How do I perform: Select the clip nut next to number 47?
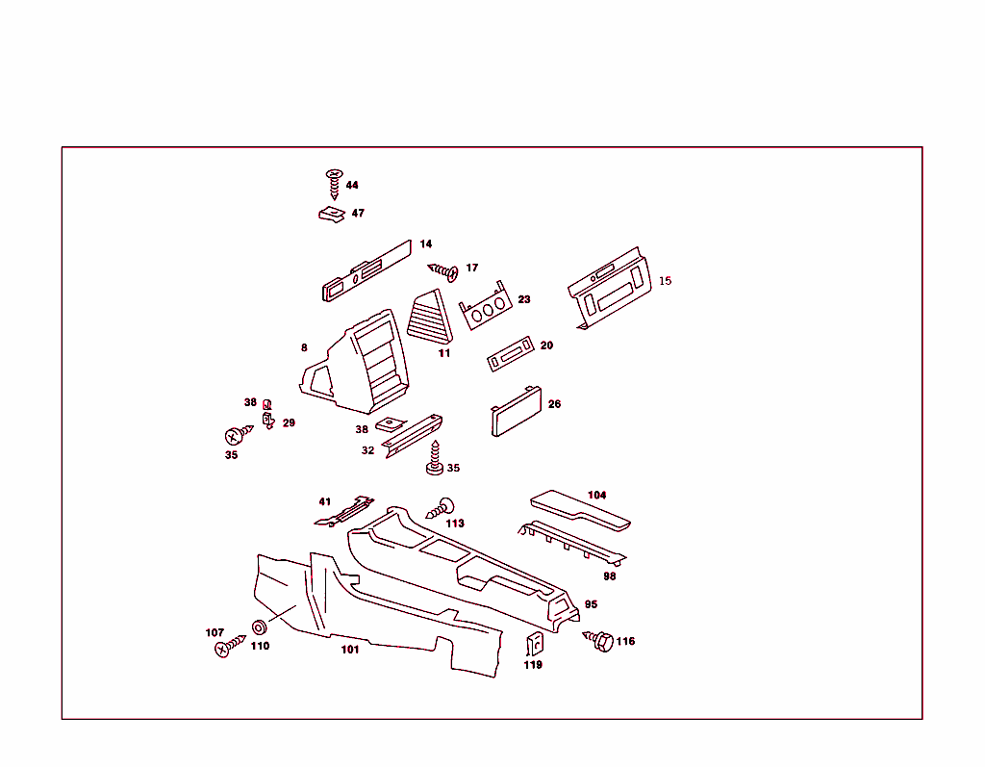coord(332,214)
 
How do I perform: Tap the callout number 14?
coord(425,244)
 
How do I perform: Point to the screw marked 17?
coord(444,271)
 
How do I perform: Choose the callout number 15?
coord(665,281)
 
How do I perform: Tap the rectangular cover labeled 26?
coord(516,413)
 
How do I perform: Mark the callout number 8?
coord(304,347)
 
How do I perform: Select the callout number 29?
coord(289,422)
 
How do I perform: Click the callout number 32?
coord(367,450)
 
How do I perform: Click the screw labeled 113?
coord(442,508)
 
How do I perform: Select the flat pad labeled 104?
coord(582,510)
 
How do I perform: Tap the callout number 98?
coord(609,576)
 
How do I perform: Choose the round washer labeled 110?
coord(259,627)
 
